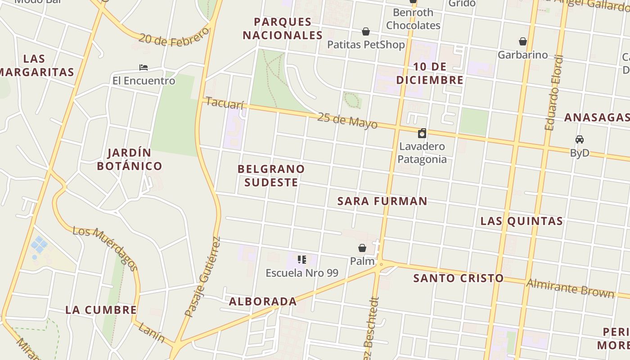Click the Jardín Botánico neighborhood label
point(130,159)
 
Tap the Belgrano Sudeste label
point(271,175)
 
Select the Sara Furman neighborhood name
point(382,201)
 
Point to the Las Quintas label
point(522,221)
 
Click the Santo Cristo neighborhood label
point(458,278)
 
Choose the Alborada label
point(263,301)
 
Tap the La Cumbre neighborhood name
point(101,310)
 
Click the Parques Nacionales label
point(283,28)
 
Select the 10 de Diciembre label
point(429,73)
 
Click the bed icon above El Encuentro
point(144,67)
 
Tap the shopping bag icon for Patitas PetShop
point(366,31)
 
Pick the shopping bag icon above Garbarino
point(522,41)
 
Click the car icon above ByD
point(580,139)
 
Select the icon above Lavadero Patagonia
point(422,133)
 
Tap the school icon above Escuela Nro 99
point(302,259)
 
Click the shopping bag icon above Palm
point(362,247)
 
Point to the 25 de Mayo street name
point(347,120)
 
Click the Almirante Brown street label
point(570,288)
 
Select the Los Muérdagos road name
point(105,248)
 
